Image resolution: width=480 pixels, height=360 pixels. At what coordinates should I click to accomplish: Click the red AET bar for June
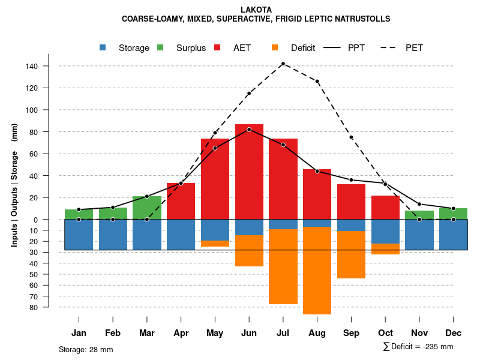(249, 174)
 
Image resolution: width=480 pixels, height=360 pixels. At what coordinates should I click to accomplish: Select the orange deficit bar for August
(317, 270)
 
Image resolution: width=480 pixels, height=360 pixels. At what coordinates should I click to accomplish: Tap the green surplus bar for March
(147, 208)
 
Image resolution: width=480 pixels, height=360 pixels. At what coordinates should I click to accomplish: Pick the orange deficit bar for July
(283, 266)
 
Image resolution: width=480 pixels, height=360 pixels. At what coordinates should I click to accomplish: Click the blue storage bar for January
(79, 235)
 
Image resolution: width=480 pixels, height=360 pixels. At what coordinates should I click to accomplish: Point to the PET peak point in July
(283, 64)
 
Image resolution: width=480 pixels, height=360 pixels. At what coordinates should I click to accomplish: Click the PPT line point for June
(249, 129)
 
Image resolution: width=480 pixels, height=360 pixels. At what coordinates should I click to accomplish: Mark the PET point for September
(351, 137)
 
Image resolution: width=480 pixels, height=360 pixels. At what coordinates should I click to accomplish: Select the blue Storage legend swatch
(103, 47)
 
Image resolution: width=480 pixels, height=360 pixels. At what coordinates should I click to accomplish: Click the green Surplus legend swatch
(160, 47)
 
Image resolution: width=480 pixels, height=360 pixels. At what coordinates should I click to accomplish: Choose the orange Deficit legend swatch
(275, 47)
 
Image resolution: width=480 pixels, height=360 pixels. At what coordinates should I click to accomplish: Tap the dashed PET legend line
(391, 47)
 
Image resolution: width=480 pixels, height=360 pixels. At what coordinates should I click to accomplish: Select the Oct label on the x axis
(385, 333)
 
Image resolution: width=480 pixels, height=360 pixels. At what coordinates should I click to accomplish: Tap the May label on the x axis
(215, 333)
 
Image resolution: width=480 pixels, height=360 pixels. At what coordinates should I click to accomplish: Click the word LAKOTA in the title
(256, 10)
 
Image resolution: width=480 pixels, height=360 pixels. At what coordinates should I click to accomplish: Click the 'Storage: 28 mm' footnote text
(86, 349)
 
